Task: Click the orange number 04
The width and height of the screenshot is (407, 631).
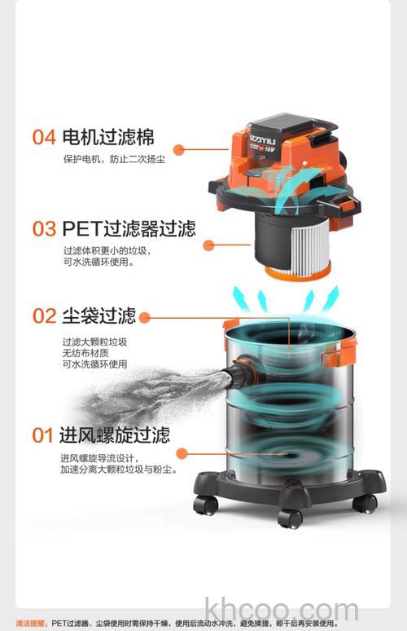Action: tap(44, 137)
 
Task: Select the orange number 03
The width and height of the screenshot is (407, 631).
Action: tap(44, 229)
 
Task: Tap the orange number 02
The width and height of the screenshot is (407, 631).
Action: tap(44, 315)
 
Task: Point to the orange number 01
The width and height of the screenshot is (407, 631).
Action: tap(42, 435)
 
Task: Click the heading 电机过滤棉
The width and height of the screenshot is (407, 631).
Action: tap(108, 137)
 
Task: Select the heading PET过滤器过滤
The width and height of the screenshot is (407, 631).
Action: tap(129, 229)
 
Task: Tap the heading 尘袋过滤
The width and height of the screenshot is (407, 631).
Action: tap(99, 315)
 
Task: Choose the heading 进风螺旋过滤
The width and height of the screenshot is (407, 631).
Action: tap(115, 435)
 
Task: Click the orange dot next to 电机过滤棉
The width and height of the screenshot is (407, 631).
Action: tap(179, 150)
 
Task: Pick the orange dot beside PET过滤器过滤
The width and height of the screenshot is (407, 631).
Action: tap(208, 245)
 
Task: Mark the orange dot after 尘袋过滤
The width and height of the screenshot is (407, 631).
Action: tap(144, 318)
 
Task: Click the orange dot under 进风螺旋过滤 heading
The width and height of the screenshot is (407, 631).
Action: tap(182, 453)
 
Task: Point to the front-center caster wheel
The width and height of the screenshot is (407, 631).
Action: tap(290, 518)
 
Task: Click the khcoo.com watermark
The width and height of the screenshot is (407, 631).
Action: tap(282, 611)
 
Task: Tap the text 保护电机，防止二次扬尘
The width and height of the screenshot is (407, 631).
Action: tap(114, 160)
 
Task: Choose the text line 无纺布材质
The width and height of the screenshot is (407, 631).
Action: tap(85, 353)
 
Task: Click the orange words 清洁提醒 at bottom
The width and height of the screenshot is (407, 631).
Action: tap(31, 624)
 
